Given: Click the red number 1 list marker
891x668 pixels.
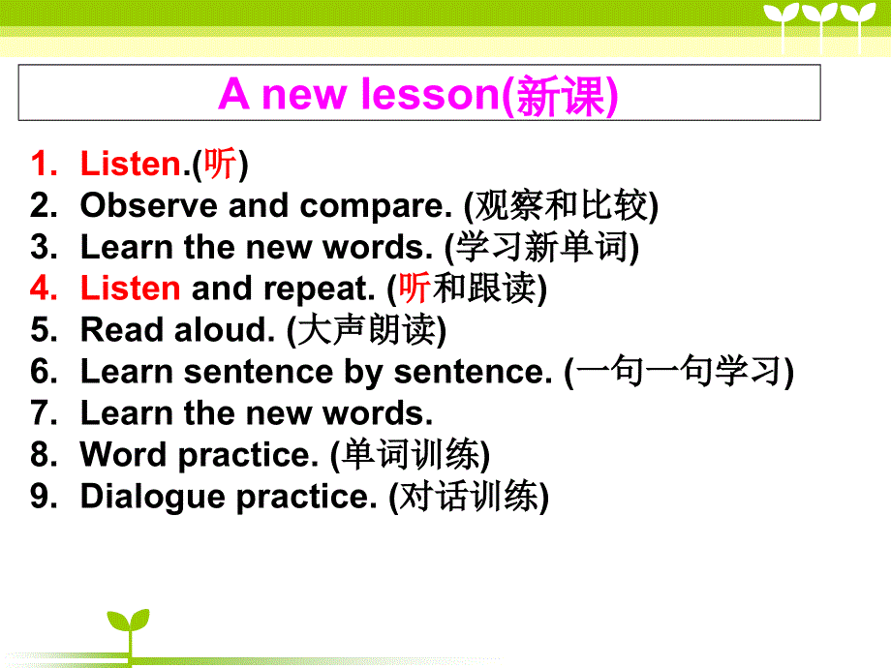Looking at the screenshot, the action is coord(45,164).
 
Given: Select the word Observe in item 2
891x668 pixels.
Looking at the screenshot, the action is coord(149,205).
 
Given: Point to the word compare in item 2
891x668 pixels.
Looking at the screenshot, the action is coord(375,207).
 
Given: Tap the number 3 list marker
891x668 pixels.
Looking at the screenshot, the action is coord(45,247).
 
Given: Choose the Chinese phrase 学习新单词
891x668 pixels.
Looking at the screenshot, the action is coord(541,247).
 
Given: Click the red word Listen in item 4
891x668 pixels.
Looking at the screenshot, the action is coord(130,288).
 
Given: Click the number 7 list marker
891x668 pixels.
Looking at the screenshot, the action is coord(45,412).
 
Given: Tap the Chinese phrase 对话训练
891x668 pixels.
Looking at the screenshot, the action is coord(469,496).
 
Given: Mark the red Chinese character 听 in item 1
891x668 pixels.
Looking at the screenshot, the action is coord(219,164).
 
